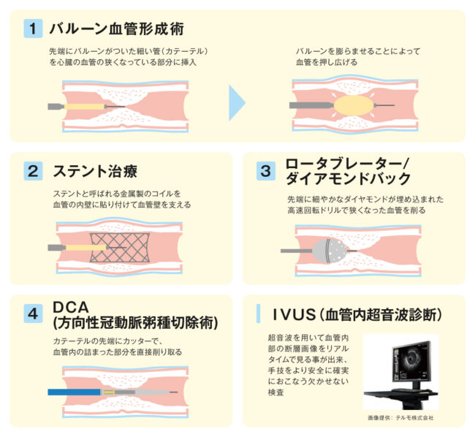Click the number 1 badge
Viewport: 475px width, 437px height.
(33, 28)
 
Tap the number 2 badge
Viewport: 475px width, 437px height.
(33, 171)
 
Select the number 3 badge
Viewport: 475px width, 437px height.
(266, 171)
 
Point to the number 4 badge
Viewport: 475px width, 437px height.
(33, 313)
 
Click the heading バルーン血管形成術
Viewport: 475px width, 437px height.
(117, 29)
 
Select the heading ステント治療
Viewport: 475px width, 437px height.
(95, 171)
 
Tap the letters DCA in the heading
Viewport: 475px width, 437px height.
(71, 308)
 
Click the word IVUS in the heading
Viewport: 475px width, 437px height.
(294, 314)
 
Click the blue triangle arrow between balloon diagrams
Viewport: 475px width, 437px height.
(237, 103)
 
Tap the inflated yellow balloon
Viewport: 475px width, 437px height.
(353, 105)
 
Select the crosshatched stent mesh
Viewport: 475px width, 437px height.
(120, 248)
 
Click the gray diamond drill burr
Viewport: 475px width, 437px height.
(330, 251)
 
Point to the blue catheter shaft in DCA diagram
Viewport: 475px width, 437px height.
(75, 392)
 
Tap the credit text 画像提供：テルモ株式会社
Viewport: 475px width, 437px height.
(400, 418)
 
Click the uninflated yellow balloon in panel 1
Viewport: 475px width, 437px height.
(84, 107)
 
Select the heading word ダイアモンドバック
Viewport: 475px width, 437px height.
(348, 179)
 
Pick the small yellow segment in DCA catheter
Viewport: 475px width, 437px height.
(109, 392)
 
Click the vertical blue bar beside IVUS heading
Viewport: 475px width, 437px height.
(258, 313)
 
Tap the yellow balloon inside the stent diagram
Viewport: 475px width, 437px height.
(85, 248)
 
